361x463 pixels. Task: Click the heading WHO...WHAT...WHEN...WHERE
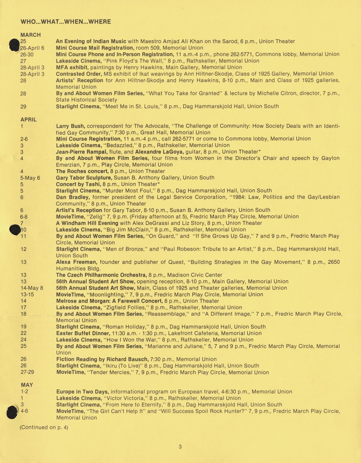[66, 22]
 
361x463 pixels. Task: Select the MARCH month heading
[31, 35]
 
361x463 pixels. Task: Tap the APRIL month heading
[29, 120]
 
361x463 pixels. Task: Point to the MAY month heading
[27, 385]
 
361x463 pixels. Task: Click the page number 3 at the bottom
[180, 447]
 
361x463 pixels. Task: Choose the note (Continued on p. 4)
[44, 427]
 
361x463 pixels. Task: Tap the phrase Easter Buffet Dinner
[83, 333]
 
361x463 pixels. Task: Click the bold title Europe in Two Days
[83, 392]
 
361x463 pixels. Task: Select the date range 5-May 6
[30, 178]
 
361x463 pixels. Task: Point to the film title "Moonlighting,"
[108, 294]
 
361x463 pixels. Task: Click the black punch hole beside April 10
[15, 230]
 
